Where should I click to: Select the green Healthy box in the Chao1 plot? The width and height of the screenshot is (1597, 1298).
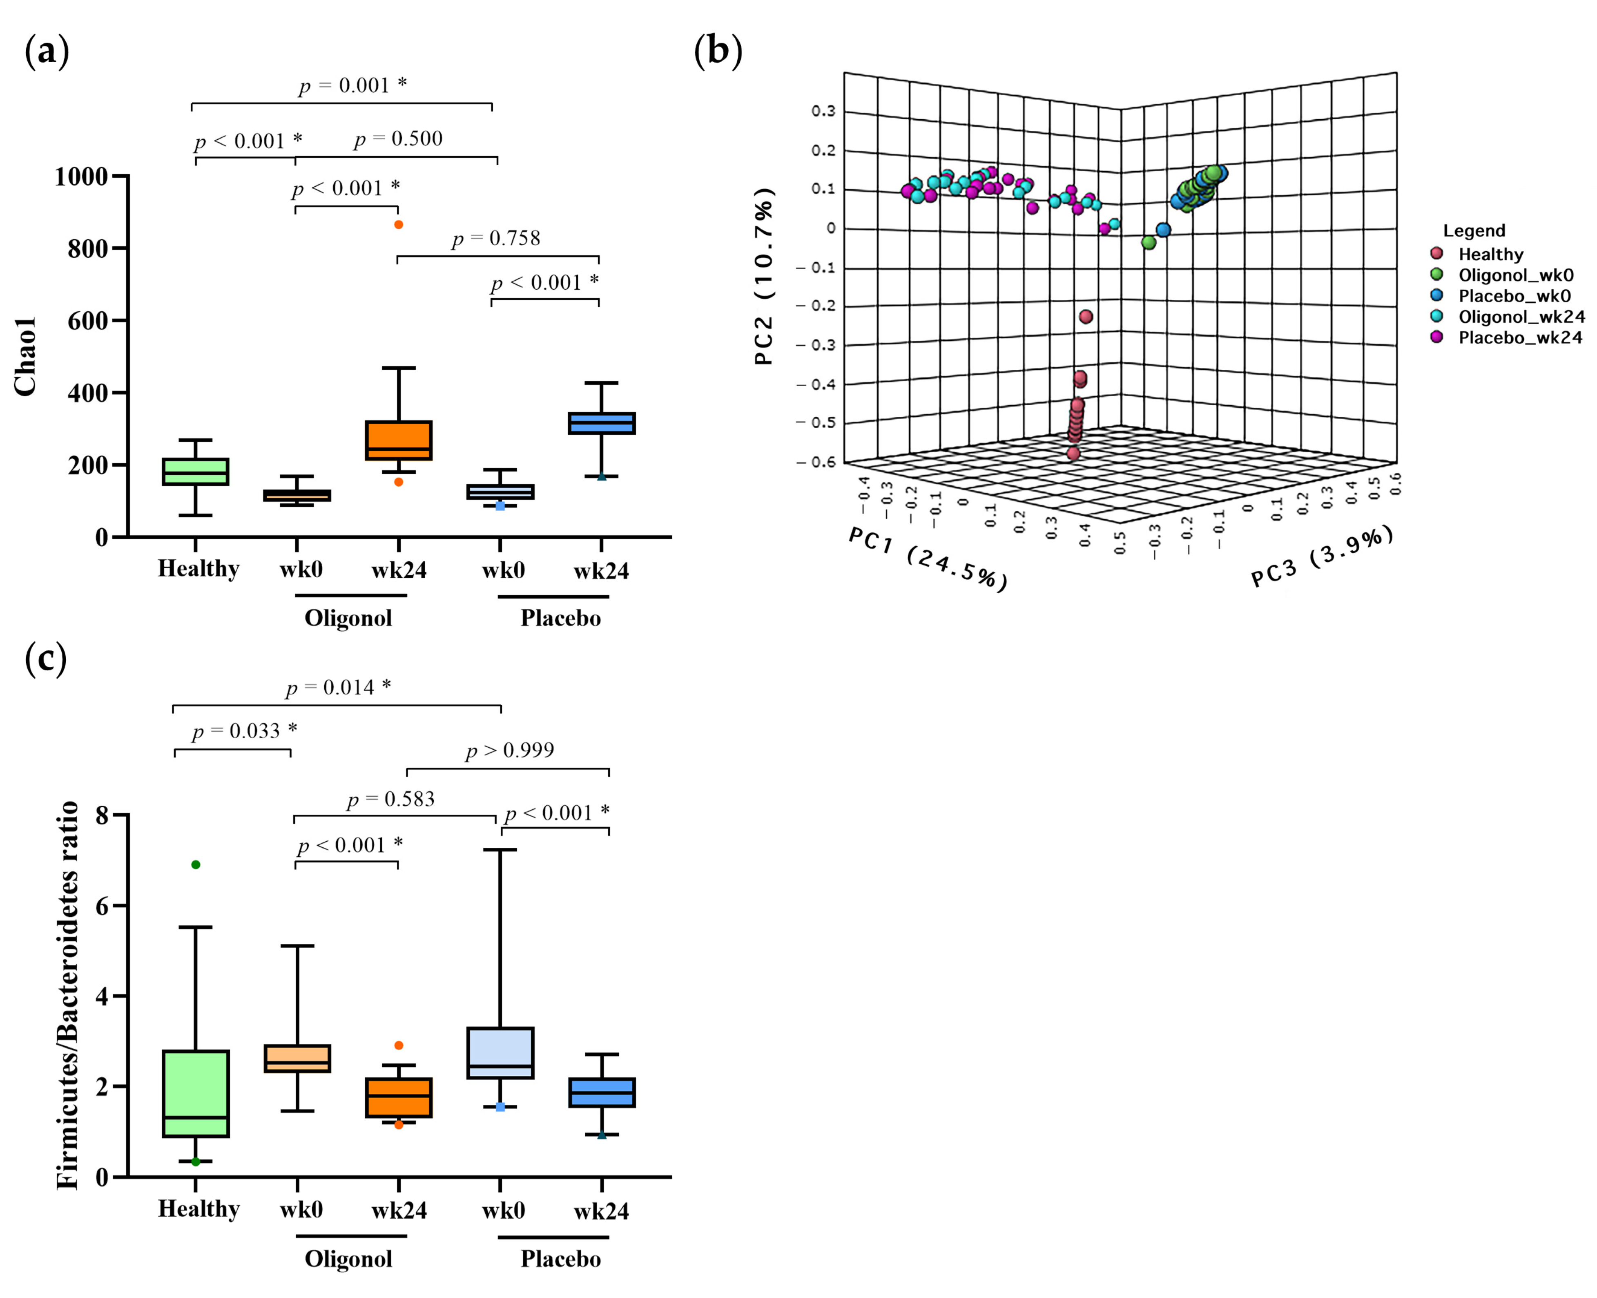196,472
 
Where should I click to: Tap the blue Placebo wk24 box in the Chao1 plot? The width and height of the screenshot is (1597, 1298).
602,423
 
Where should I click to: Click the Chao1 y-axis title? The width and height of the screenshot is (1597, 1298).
25,357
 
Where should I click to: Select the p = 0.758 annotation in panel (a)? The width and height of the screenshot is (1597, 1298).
495,239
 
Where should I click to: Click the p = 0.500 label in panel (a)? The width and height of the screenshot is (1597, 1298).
398,139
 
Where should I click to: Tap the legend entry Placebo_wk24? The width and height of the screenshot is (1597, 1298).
1519,338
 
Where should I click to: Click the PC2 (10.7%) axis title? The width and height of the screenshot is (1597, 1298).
764,277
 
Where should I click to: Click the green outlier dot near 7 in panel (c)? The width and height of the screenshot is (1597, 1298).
196,865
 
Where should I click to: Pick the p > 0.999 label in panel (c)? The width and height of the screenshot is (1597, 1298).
510,751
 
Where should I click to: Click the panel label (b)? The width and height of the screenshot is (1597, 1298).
717,51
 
